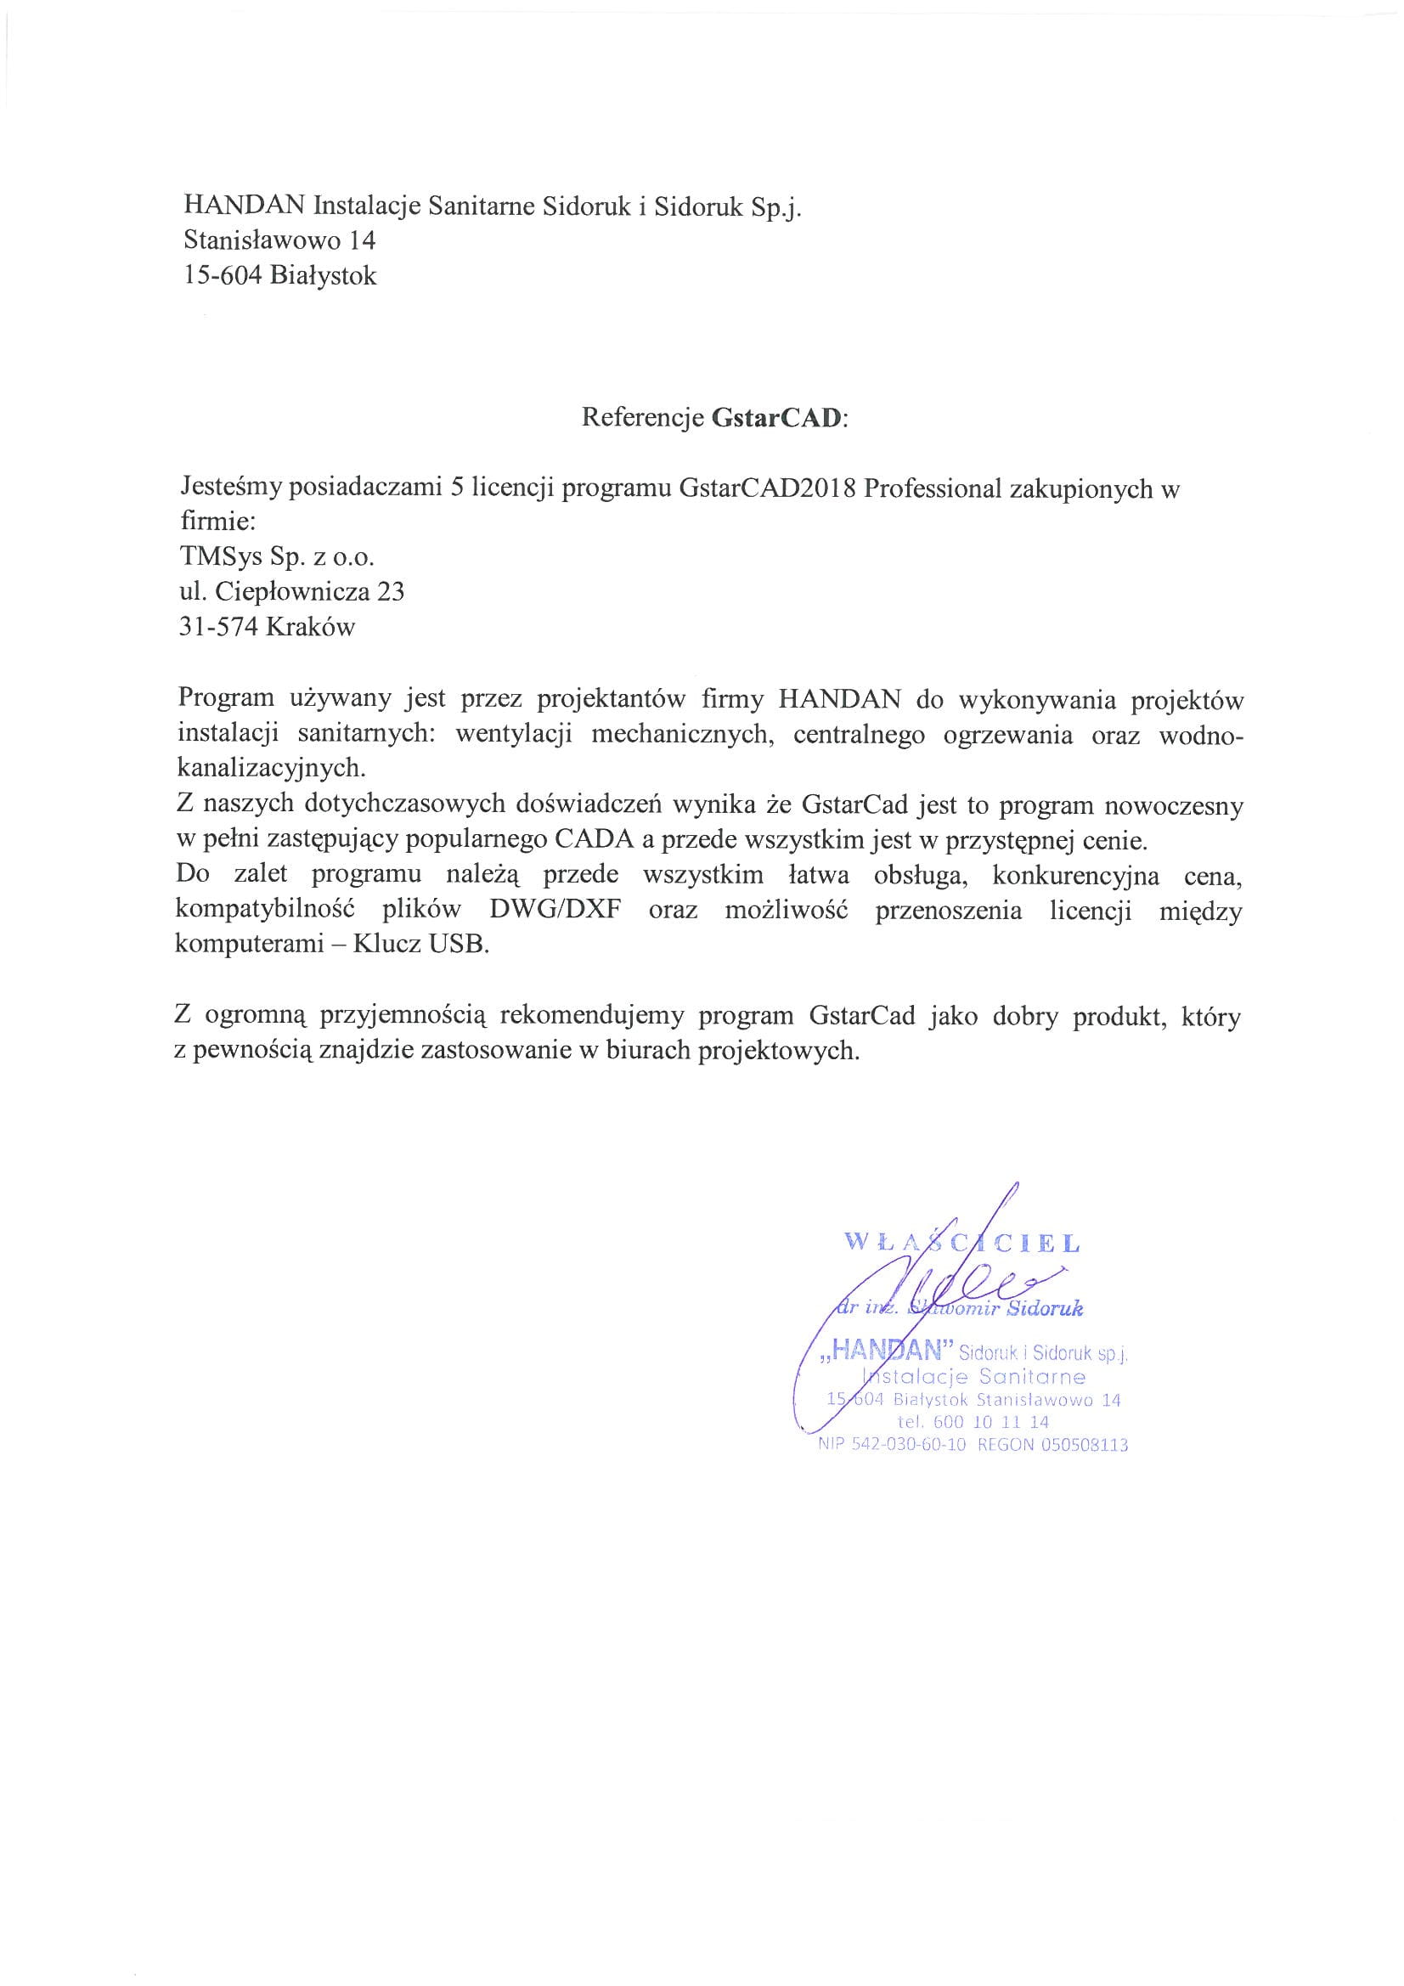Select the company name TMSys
[x=217, y=557]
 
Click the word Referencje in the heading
[x=643, y=418]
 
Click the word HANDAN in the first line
[x=244, y=206]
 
